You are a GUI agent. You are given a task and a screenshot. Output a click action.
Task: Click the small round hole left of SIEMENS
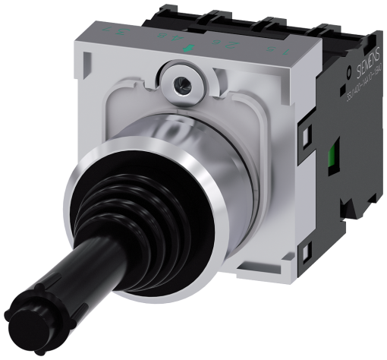coord(343,67)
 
